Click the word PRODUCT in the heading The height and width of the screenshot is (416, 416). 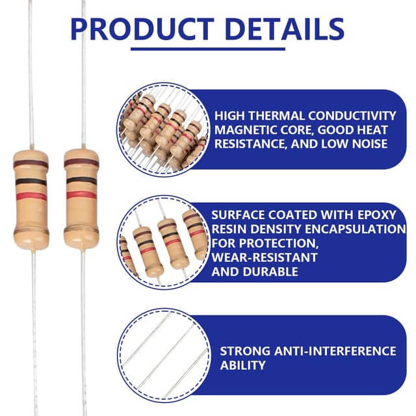142,29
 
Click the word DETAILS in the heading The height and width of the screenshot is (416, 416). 286,29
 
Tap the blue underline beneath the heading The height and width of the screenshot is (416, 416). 208,49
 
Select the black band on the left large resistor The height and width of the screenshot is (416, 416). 31,182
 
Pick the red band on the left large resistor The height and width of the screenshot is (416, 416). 31,196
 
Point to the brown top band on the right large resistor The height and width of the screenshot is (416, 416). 81,162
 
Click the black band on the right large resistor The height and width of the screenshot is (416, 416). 81,181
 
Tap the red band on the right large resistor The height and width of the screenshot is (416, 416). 81,195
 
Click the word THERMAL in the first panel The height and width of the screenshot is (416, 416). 276,116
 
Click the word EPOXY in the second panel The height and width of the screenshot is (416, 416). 377,215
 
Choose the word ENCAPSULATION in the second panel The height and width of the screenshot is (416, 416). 356,229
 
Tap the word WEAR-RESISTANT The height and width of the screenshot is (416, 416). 265,257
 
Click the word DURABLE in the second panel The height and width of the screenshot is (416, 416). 270,272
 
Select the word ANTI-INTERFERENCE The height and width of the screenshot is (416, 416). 335,351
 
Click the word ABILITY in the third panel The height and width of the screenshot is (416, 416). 242,365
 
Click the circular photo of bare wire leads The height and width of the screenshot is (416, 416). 164,354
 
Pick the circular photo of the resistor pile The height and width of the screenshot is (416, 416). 164,129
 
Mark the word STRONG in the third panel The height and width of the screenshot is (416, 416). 245,351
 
